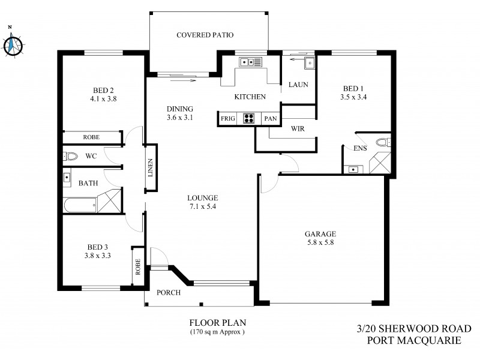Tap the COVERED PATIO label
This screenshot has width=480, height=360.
(x=205, y=35)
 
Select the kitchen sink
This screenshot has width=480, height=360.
(x=250, y=61)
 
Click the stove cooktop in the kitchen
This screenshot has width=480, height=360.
(x=250, y=119)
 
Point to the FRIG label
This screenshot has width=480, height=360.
(x=228, y=119)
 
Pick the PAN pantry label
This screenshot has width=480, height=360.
(x=271, y=119)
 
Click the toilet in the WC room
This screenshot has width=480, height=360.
(x=71, y=156)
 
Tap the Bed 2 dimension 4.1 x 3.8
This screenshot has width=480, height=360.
(x=101, y=100)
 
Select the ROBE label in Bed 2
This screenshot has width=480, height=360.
(x=92, y=137)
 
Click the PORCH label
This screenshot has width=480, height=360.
(x=169, y=293)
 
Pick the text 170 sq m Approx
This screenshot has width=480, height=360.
(x=217, y=331)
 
